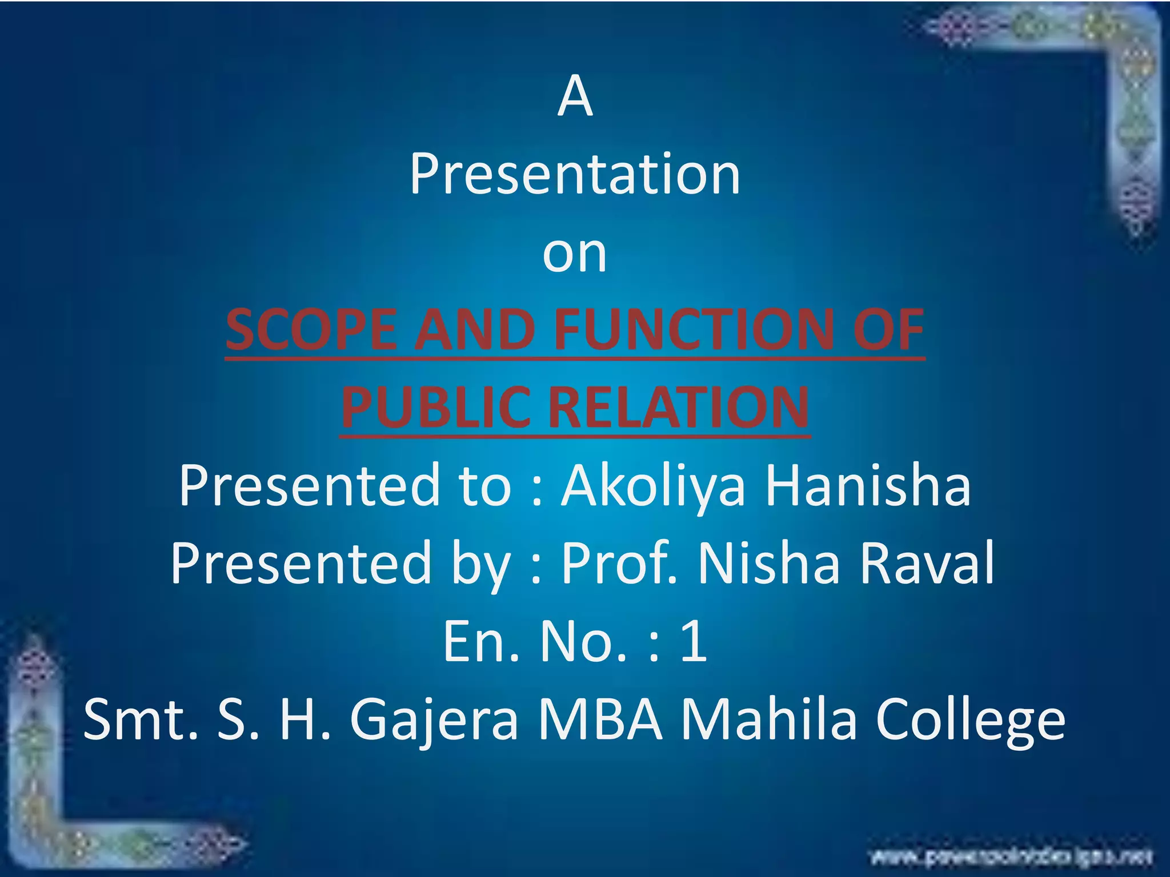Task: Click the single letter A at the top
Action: [x=575, y=98]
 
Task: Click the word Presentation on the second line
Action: [x=575, y=175]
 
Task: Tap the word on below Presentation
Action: [x=575, y=254]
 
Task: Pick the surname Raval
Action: [x=928, y=564]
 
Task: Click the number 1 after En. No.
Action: [x=694, y=642]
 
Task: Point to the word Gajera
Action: [x=434, y=721]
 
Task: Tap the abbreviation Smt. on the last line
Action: [x=141, y=721]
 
